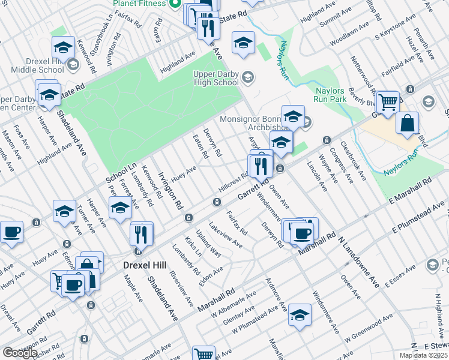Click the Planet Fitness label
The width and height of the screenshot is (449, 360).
[139, 3]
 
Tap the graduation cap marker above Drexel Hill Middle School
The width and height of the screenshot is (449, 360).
[63, 47]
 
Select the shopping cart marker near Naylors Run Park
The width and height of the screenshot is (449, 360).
[388, 101]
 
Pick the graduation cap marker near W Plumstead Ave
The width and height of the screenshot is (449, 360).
[300, 314]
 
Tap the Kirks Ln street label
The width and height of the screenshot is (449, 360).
[193, 245]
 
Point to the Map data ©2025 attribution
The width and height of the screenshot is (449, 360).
[423, 355]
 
